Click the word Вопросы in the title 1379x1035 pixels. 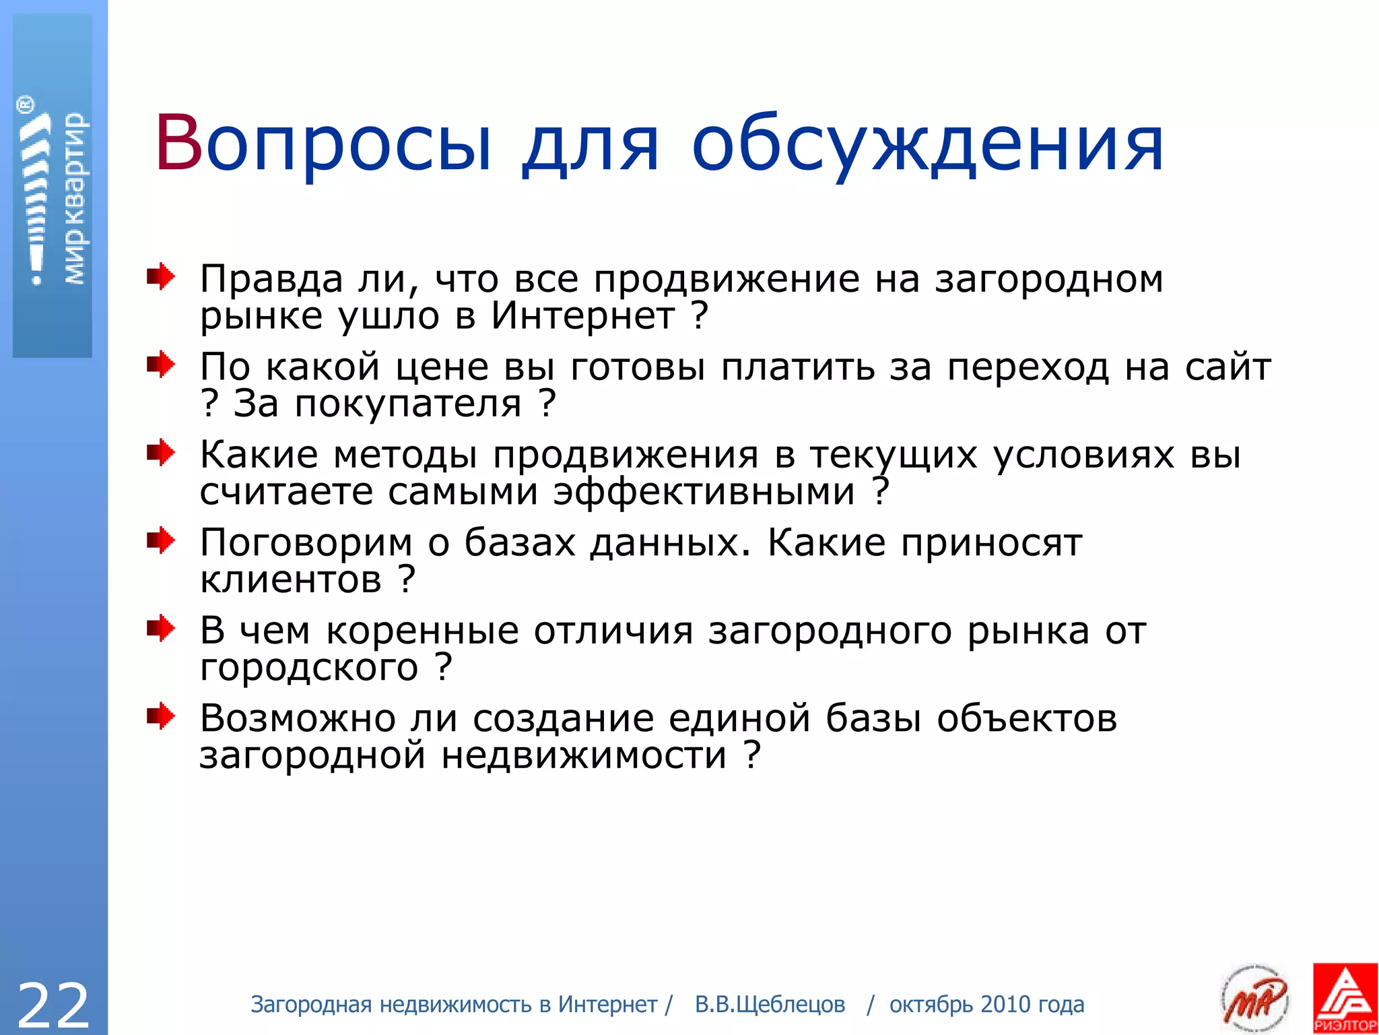[x=324, y=144]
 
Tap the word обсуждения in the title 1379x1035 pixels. [x=928, y=144]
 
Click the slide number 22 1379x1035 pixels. [x=53, y=1005]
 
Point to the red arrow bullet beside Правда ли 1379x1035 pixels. [x=160, y=277]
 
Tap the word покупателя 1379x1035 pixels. [x=408, y=404]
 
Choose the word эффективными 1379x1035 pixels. [x=704, y=492]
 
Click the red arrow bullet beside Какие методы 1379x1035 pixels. [x=160, y=452]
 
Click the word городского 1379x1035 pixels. [x=309, y=668]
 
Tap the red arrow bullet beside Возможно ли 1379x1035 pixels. [x=160, y=716]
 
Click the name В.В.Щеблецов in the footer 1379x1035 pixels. [x=770, y=1005]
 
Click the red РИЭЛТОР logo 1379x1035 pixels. [x=1345, y=998]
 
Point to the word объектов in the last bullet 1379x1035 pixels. [x=1027, y=718]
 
